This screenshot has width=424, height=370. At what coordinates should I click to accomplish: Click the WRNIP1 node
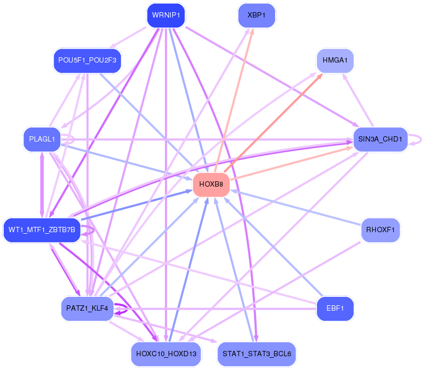[166, 15]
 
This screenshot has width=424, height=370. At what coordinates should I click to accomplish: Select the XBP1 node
[257, 15]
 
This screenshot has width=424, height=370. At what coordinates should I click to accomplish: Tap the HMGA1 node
[335, 60]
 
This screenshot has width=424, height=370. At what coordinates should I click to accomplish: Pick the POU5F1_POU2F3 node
[87, 60]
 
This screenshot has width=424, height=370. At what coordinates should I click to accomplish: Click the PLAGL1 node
[42, 139]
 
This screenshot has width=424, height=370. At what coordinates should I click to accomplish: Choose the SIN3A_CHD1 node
[380, 139]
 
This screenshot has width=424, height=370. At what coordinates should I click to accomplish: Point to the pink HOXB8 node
[211, 184]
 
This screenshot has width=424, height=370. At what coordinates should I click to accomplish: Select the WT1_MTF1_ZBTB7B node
[42, 230]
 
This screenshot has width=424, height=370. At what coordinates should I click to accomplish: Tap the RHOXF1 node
[380, 230]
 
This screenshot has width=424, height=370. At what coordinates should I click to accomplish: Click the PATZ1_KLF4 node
[87, 309]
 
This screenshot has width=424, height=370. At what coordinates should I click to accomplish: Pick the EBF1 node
[335, 309]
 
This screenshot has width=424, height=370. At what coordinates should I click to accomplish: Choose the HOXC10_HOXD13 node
[166, 354]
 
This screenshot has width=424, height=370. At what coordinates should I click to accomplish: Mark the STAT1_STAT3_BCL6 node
[257, 354]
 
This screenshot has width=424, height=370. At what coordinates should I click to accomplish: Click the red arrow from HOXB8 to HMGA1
[273, 123]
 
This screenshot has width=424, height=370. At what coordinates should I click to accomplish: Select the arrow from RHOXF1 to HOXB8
[296, 208]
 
